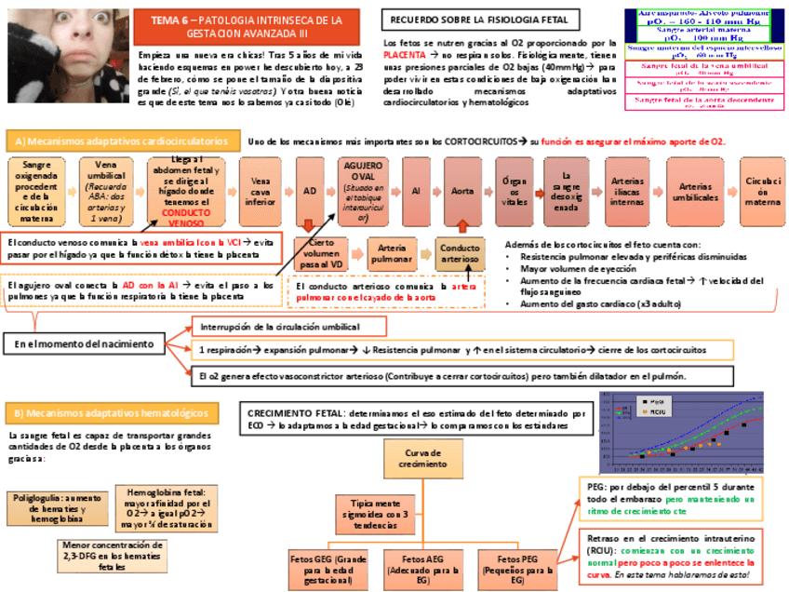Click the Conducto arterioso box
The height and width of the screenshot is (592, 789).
tap(461, 253)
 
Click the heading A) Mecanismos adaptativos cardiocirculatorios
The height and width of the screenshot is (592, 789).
tap(117, 141)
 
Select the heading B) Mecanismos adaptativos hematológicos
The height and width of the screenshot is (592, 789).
tap(111, 412)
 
